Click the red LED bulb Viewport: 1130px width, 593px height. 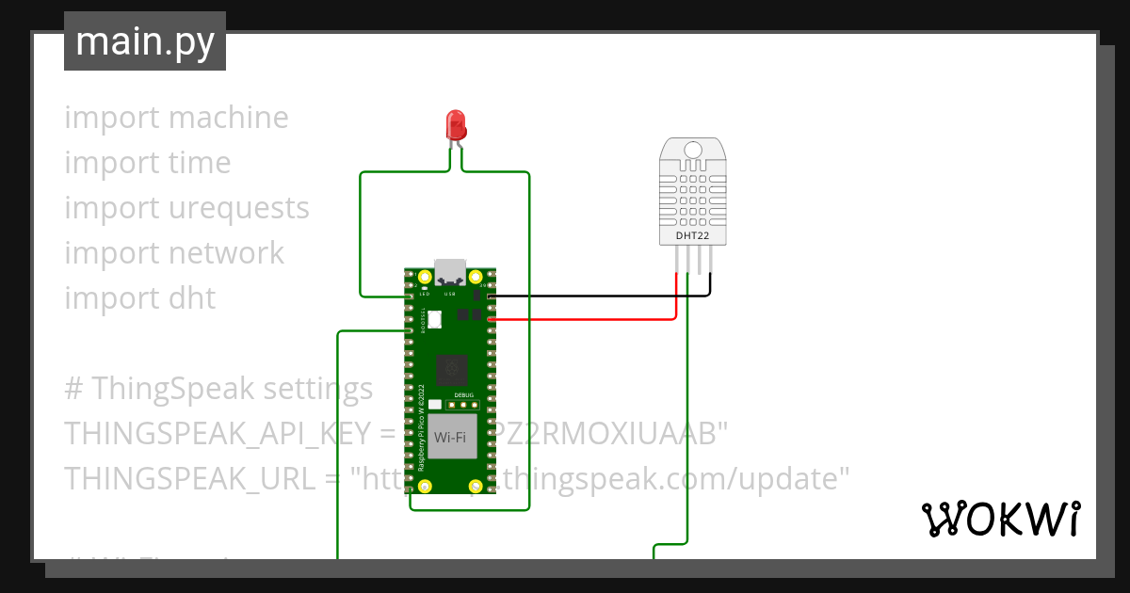click(456, 124)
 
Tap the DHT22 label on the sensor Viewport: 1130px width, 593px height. click(692, 234)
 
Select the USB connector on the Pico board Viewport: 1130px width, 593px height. click(448, 271)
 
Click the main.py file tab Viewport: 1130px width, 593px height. click(145, 41)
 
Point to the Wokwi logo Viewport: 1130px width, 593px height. click(1000, 519)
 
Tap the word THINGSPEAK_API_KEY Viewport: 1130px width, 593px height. click(217, 434)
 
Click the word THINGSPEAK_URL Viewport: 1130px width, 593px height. click(188, 479)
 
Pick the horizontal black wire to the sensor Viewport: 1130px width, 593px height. click(603, 296)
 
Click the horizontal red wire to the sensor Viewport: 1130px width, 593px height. click(584, 319)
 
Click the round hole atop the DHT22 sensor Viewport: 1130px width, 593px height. click(693, 150)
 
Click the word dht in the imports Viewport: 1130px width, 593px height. click(193, 298)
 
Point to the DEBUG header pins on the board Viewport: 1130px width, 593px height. click(463, 406)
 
